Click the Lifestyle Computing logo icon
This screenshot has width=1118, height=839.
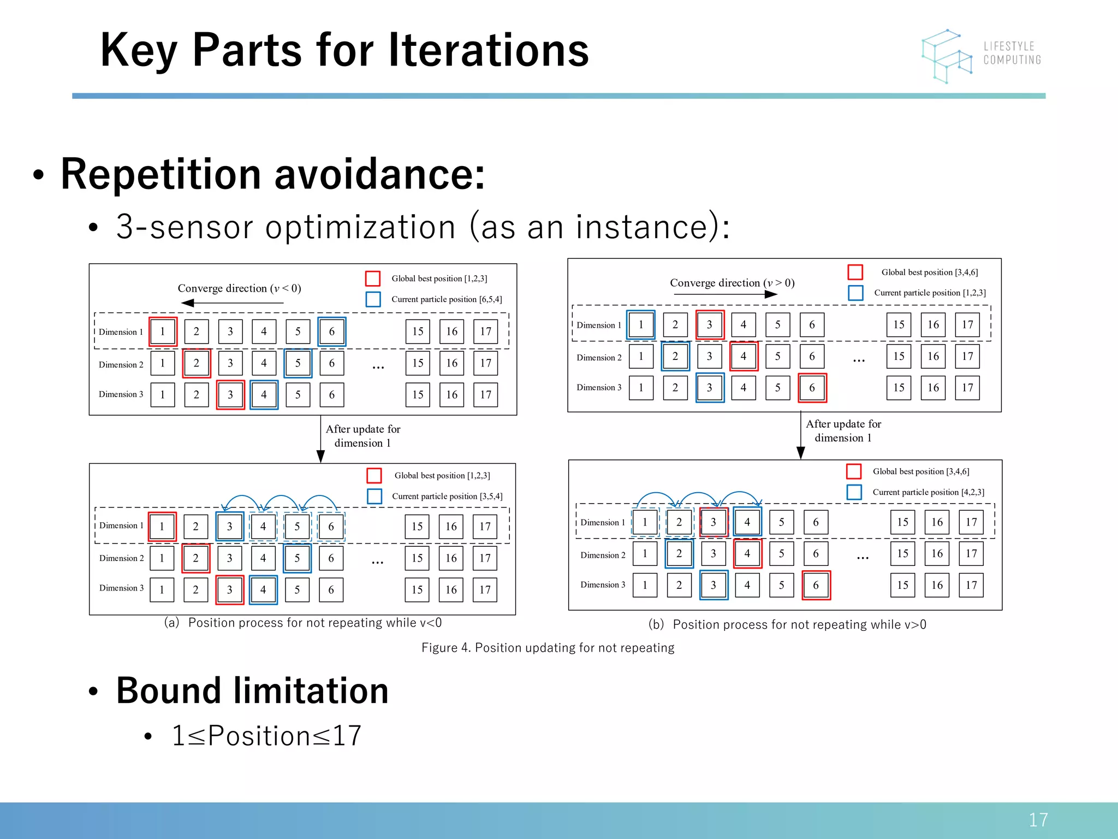pyautogui.click(x=947, y=56)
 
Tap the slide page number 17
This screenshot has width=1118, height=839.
pyautogui.click(x=1038, y=819)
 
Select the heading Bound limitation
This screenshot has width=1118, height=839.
pyautogui.click(x=252, y=690)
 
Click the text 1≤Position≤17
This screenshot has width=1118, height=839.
pyautogui.click(x=266, y=735)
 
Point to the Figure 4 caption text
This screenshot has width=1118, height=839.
pyautogui.click(x=548, y=648)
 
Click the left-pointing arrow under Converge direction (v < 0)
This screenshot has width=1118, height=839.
pyautogui.click(x=232, y=303)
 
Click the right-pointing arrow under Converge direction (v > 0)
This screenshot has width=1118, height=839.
pyautogui.click(x=725, y=294)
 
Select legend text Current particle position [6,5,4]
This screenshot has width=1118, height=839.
pyautogui.click(x=447, y=299)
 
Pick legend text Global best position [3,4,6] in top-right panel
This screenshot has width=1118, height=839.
pyautogui.click(x=929, y=272)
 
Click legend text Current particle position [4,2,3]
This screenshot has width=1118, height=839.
pyautogui.click(x=928, y=492)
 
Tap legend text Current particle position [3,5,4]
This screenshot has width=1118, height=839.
pyautogui.click(x=447, y=497)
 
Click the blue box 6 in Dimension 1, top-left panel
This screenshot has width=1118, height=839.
pyautogui.click(x=331, y=332)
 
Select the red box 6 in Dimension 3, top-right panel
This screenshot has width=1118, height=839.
pyautogui.click(x=812, y=388)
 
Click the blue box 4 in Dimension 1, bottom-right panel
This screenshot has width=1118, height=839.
pyautogui.click(x=747, y=522)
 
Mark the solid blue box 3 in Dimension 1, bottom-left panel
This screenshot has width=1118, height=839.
pyautogui.click(x=229, y=527)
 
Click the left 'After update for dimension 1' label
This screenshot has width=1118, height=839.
pyautogui.click(x=362, y=436)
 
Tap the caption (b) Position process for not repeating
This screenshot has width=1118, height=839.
pyautogui.click(x=787, y=624)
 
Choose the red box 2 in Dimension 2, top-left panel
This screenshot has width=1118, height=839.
pyautogui.click(x=196, y=363)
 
